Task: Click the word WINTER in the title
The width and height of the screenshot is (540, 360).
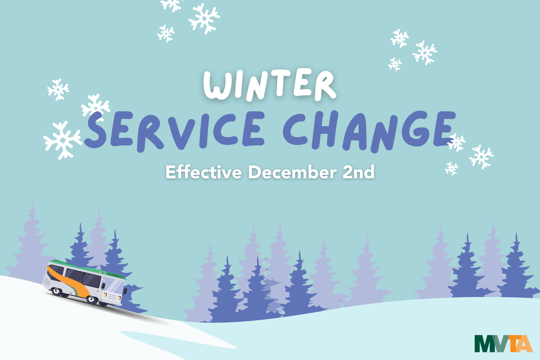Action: [270, 84]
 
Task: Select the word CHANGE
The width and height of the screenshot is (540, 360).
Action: [369, 132]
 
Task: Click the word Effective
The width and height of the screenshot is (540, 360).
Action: [204, 172]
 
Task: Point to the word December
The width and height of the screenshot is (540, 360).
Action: [293, 172]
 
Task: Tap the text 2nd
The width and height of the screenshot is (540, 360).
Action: [358, 172]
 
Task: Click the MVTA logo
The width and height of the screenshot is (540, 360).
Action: [503, 344]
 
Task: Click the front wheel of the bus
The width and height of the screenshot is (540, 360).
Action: [92, 299]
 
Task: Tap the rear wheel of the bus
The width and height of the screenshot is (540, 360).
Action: [57, 291]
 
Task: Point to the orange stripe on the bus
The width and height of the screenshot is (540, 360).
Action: [70, 282]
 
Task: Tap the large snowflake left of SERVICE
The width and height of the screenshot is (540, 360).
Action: [63, 140]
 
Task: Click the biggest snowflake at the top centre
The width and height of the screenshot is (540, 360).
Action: [204, 18]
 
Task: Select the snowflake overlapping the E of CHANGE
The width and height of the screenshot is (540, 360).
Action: [456, 142]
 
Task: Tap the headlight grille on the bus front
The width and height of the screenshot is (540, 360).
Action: [112, 297]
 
